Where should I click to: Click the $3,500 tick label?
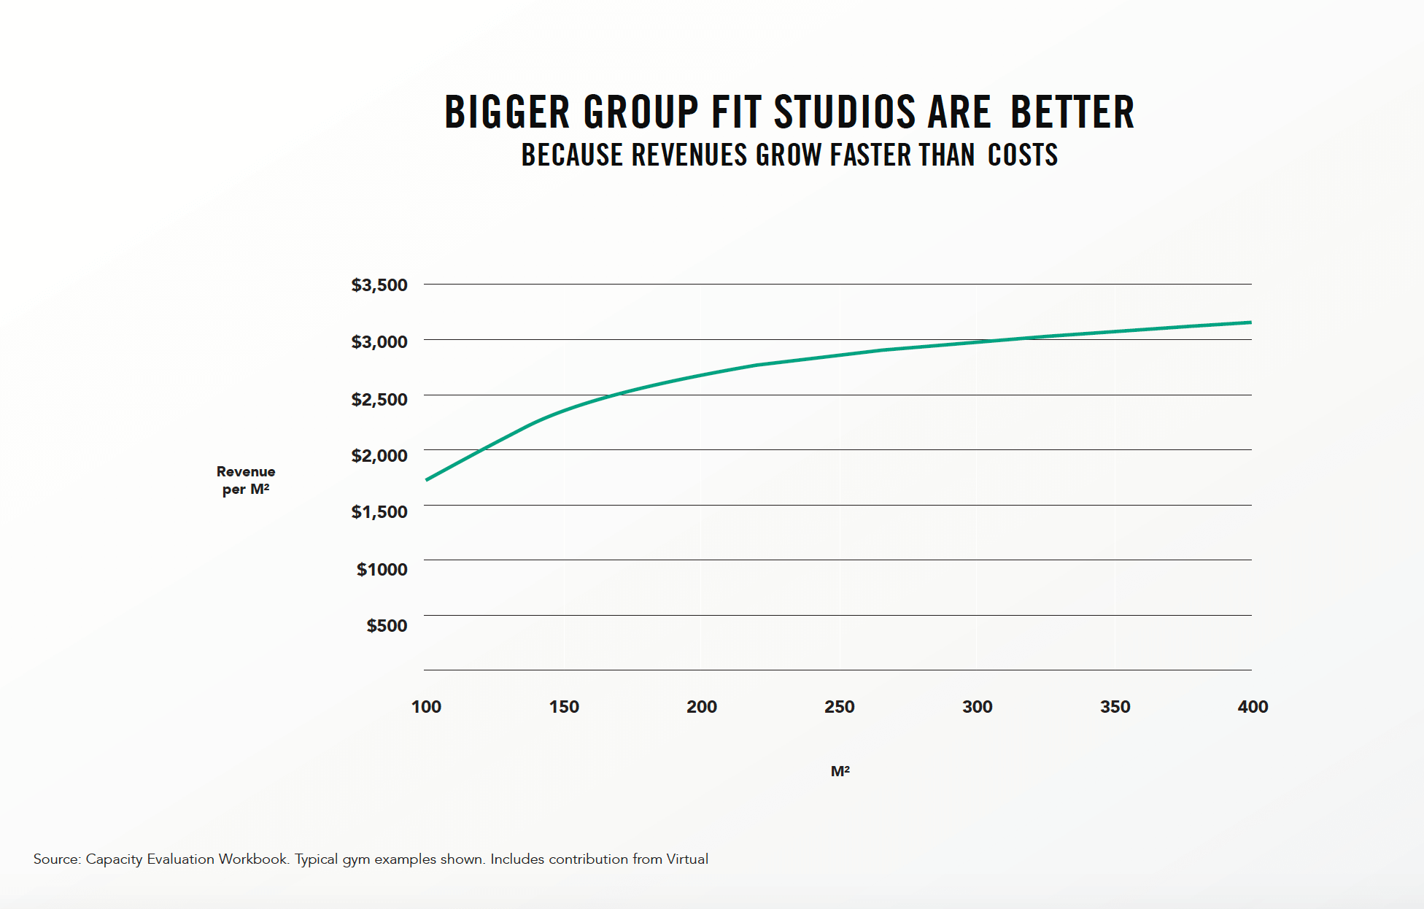click(x=379, y=285)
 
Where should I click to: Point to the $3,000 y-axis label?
click(x=379, y=341)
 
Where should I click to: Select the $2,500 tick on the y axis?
click(x=379, y=399)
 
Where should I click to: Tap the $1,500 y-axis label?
click(x=379, y=511)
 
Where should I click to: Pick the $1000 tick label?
click(x=382, y=569)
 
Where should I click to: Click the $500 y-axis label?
click(x=387, y=625)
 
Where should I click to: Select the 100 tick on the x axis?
click(x=426, y=706)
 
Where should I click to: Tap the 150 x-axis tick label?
click(x=564, y=706)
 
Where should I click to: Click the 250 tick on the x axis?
click(x=839, y=706)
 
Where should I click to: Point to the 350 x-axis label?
click(x=1115, y=706)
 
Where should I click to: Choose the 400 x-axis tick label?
click(x=1253, y=706)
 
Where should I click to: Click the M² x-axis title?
click(x=840, y=771)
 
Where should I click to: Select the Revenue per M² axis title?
click(x=246, y=480)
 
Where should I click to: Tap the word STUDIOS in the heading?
click(x=844, y=112)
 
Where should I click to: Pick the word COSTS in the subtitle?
click(x=1023, y=155)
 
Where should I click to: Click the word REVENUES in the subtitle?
click(x=689, y=155)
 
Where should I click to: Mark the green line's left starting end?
click(x=427, y=479)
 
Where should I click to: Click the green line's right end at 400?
click(x=1250, y=322)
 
